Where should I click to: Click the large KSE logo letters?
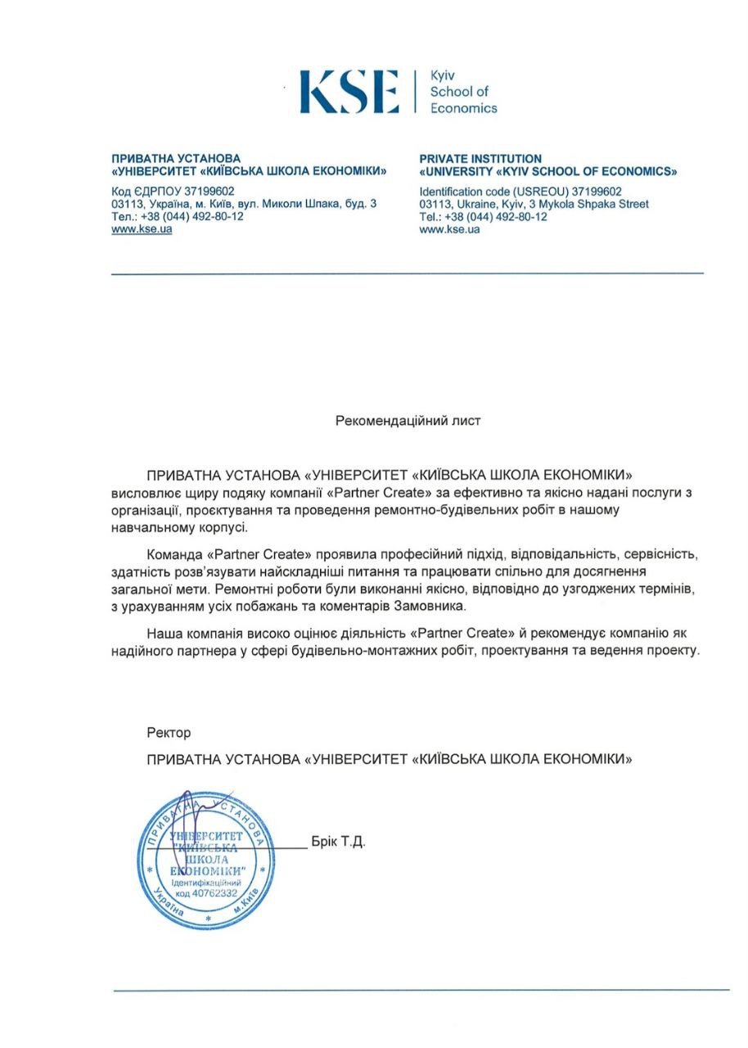tap(349, 91)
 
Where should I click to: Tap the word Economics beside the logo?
tap(463, 107)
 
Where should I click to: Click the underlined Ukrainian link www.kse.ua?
tap(142, 229)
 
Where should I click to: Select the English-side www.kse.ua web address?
tap(449, 229)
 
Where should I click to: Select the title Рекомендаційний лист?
tap(408, 421)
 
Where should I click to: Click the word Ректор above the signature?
tap(169, 733)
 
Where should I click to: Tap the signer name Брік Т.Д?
tap(338, 842)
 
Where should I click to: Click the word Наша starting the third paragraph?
tap(163, 634)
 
